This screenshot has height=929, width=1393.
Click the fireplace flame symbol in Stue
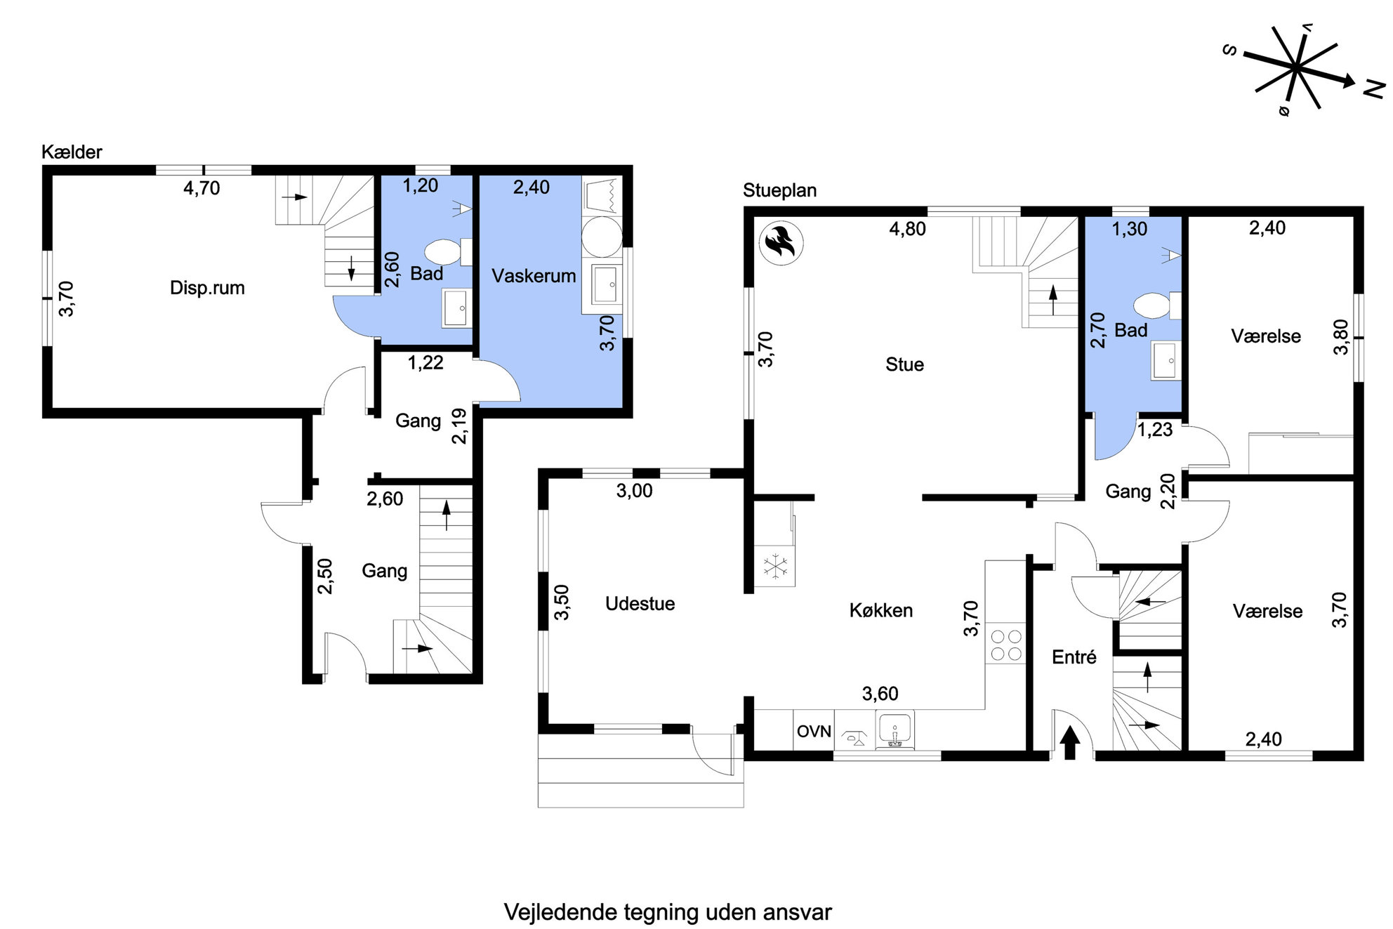[781, 244]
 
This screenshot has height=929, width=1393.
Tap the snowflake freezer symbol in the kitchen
[776, 566]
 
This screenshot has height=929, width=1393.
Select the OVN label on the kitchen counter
[814, 732]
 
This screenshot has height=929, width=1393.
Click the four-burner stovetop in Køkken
[1005, 645]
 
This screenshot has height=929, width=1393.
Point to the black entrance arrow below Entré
[1070, 743]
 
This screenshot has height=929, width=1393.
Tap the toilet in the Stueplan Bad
[1157, 306]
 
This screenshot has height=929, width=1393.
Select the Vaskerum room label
[534, 276]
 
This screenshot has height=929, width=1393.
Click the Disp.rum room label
[207, 288]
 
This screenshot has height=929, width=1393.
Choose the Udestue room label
[640, 604]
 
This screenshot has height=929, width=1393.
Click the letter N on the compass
[1373, 89]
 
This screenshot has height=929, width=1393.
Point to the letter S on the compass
[1229, 50]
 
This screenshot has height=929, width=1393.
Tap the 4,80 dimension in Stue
[907, 229]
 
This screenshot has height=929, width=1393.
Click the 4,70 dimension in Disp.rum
[202, 188]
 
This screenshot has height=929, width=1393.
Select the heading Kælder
[72, 152]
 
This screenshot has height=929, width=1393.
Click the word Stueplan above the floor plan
[779, 190]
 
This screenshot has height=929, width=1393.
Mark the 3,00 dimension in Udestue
[634, 491]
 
